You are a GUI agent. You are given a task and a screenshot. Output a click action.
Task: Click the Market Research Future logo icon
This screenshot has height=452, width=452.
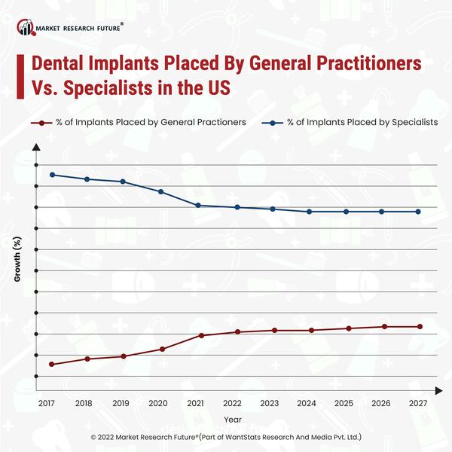click(27, 29)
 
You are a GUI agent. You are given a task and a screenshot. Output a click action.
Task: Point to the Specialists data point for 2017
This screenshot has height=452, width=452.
click(52, 175)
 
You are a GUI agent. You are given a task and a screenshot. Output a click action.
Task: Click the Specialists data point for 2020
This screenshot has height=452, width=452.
click(161, 191)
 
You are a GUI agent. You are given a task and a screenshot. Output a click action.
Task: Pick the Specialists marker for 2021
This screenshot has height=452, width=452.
click(198, 206)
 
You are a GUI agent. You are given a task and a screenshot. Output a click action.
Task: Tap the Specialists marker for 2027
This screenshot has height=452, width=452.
click(419, 212)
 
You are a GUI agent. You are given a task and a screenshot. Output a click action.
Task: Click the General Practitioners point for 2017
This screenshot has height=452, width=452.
click(52, 365)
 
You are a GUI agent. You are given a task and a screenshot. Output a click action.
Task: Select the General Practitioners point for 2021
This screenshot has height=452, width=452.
click(201, 335)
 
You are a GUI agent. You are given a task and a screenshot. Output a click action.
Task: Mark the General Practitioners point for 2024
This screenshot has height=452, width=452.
click(309, 330)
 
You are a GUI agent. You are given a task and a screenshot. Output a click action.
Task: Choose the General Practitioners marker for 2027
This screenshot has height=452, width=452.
click(420, 326)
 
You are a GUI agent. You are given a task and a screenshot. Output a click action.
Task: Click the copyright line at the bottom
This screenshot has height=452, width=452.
click(226, 436)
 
